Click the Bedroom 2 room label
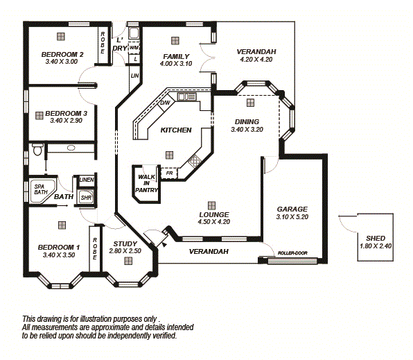62,54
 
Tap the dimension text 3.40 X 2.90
66,120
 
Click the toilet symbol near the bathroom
38,148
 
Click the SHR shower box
86,198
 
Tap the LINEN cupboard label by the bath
86,180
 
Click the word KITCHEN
176,130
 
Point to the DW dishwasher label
165,103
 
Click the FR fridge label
169,173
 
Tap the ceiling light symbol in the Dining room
250,102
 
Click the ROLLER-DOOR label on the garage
292,253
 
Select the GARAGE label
292,209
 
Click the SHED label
375,238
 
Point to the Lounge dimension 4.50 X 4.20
214,222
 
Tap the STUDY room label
125,243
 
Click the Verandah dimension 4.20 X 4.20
256,60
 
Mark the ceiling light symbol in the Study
128,261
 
